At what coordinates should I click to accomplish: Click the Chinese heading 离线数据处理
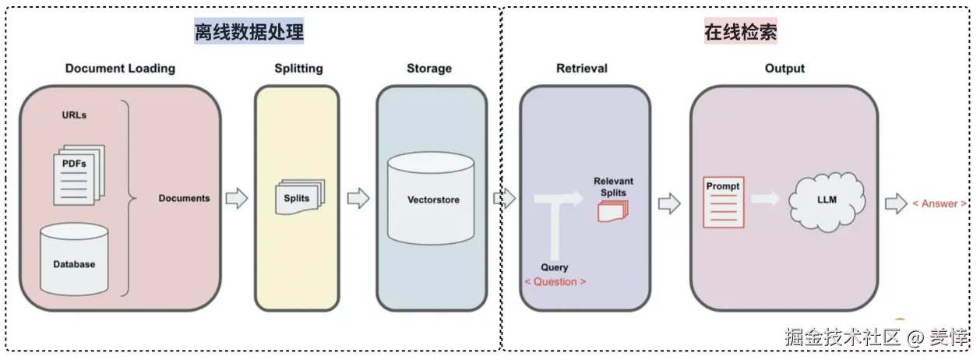click(x=249, y=31)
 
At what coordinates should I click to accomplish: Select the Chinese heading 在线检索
click(x=741, y=31)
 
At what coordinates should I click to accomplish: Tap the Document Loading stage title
click(x=120, y=69)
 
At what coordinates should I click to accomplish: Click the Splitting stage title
click(x=299, y=69)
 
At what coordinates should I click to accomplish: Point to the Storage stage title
click(x=429, y=69)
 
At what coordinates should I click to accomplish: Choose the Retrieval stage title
click(x=582, y=69)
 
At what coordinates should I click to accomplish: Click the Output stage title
click(x=785, y=69)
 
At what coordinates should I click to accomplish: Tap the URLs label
click(x=74, y=115)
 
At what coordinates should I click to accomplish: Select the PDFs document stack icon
click(x=79, y=175)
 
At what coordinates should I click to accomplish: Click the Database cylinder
click(x=74, y=259)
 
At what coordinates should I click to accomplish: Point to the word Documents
click(x=184, y=198)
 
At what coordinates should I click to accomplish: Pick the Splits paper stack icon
click(x=300, y=196)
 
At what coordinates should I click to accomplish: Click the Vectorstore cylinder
click(x=431, y=198)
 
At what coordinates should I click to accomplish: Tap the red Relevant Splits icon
click(x=613, y=211)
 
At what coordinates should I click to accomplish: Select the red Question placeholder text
click(x=555, y=282)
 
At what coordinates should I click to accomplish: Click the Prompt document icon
click(x=724, y=203)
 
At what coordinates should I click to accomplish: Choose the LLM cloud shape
click(x=827, y=202)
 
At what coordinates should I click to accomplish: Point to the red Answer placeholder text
click(x=939, y=203)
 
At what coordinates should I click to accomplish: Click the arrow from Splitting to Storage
click(x=358, y=198)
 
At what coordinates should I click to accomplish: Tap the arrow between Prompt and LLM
click(x=765, y=199)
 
